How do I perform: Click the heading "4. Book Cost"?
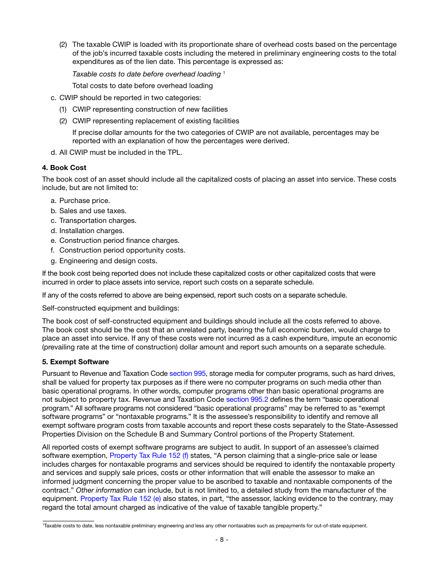tap(64, 168)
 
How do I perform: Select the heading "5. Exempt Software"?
tap(75, 362)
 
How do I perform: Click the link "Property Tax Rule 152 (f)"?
tap(149, 456)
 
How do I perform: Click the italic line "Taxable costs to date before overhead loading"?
tap(146, 74)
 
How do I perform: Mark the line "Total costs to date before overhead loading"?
tap(143, 86)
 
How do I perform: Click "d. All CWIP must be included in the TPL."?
tap(117, 152)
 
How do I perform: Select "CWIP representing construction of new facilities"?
tap(150, 109)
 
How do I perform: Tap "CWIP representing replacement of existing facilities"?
tap(156, 121)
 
